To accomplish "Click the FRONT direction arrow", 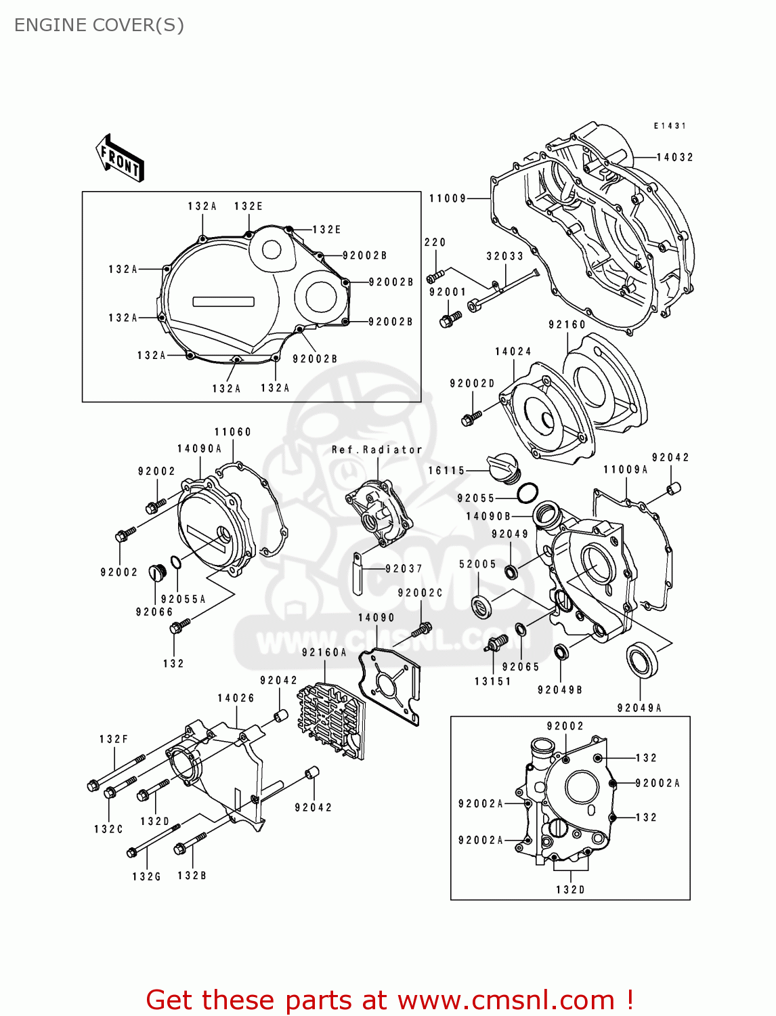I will point(120,158).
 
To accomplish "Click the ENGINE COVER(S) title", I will point(99,25).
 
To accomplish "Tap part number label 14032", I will point(674,157).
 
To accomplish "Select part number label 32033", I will point(504,256).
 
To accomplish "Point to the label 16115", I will point(446,470).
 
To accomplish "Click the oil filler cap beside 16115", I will point(502,465).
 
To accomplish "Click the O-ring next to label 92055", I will point(527,493).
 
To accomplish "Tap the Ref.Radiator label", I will point(376,450).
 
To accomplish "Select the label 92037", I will point(404,569).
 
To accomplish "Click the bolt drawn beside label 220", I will point(435,276).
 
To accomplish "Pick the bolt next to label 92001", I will point(450,320).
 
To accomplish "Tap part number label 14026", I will point(236,698).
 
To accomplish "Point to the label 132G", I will point(146,876).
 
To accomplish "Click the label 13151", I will point(492,681).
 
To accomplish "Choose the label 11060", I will point(232,432).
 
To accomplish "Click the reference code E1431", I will point(670,126).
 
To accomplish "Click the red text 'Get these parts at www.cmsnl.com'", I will point(389,1000).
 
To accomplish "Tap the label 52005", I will point(477,564).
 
